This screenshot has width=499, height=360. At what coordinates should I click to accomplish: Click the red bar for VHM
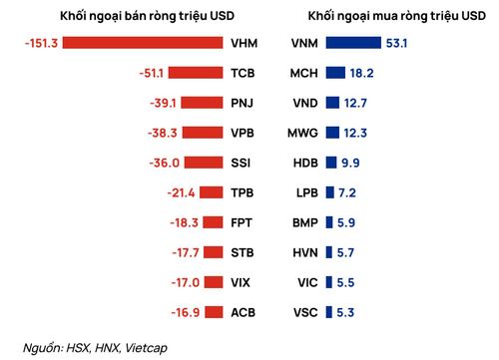tap(143, 43)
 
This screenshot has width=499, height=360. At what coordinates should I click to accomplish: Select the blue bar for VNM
tap(353, 43)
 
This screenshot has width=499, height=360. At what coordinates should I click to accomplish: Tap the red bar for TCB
tap(196, 73)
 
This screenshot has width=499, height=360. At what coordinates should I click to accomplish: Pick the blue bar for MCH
tap(335, 73)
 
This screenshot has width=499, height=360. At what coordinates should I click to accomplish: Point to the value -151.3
tap(41, 43)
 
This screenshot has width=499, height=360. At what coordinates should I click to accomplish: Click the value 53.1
tap(396, 43)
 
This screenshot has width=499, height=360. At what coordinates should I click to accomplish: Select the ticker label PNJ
tap(243, 103)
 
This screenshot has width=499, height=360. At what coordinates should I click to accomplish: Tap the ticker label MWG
tap(302, 133)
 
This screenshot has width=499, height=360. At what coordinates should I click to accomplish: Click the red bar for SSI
tap(204, 163)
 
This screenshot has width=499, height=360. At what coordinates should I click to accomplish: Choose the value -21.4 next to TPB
tap(181, 192)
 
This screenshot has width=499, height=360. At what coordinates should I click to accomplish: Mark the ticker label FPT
tap(242, 222)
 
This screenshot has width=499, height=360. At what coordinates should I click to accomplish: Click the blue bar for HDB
tap(331, 163)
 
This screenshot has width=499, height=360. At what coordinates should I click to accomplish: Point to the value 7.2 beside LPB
tap(347, 192)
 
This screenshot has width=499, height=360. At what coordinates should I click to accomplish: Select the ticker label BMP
tap(305, 222)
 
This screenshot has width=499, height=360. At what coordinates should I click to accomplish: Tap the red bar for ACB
tap(214, 312)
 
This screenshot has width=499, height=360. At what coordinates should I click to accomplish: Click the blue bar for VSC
tap(328, 312)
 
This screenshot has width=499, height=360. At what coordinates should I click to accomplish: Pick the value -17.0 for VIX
tap(186, 282)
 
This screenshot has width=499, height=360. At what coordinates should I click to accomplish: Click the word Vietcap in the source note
tap(147, 348)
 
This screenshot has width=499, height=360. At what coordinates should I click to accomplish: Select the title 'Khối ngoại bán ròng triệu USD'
tap(148, 16)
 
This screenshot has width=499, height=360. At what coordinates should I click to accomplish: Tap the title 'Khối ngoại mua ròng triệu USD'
tap(397, 16)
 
